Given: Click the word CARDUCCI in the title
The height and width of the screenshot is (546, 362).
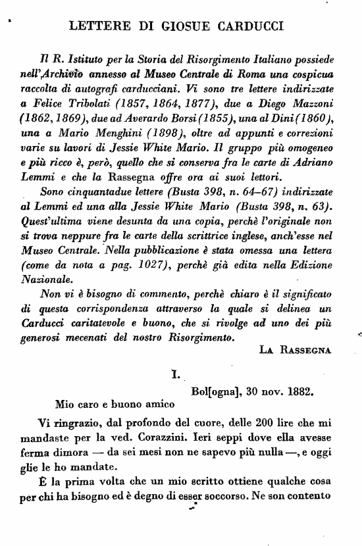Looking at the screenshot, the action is [246, 27].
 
